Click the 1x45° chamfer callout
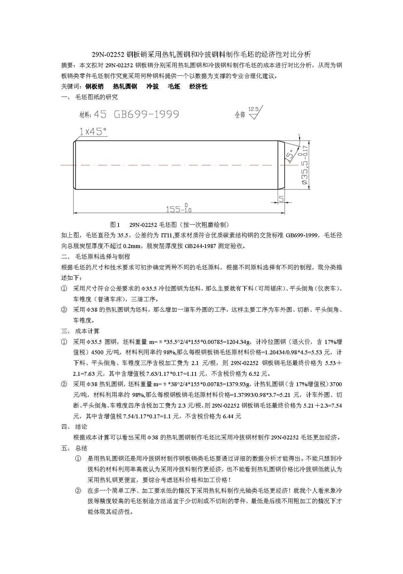click(x=93, y=131)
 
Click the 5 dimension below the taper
click(x=281, y=198)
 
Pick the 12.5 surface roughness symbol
click(x=255, y=112)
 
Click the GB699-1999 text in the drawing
click(x=146, y=114)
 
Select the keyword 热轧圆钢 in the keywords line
click(x=125, y=86)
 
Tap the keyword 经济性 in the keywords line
click(x=198, y=86)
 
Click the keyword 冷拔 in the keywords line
click(x=153, y=86)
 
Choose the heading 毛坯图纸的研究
click(x=96, y=97)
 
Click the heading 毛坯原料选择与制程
click(x=103, y=256)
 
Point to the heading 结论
click(x=81, y=426)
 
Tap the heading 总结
click(x=81, y=448)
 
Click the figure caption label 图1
click(x=115, y=225)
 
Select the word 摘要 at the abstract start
click(x=67, y=65)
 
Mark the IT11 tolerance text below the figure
click(x=167, y=235)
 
